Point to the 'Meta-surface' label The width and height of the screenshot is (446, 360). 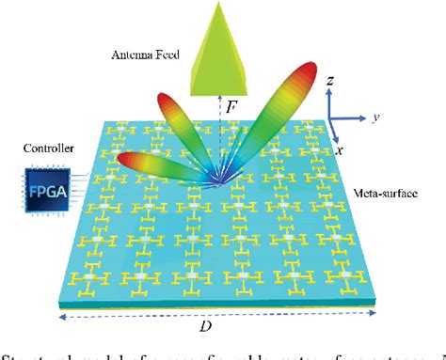click(381, 194)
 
